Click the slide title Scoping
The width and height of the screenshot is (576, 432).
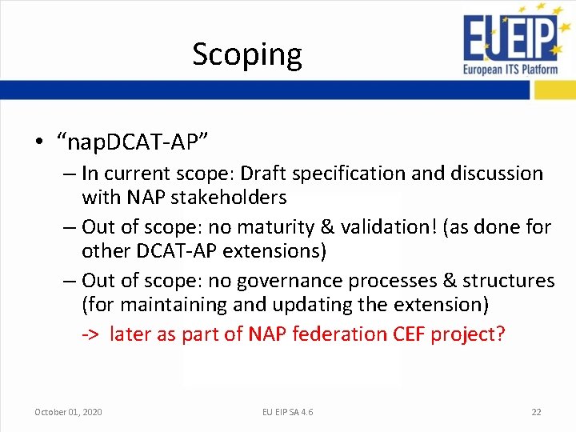247,54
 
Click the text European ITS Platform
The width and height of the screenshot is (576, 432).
510,70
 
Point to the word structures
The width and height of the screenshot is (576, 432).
508,281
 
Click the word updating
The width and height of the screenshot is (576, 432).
330,305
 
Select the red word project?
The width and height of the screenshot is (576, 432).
468,334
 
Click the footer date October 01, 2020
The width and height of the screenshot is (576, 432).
68,412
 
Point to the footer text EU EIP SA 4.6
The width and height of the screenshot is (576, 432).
288,412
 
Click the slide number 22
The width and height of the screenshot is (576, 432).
536,412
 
